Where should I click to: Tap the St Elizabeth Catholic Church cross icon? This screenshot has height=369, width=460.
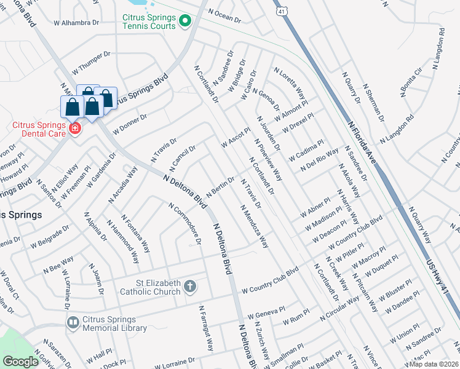coord(190,286)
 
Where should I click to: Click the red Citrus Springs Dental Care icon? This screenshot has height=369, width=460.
coord(74,128)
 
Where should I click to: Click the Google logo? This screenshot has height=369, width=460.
coord(21,362)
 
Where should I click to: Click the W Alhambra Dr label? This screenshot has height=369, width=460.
coord(79,23)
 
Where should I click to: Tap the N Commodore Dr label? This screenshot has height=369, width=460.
coord(185,224)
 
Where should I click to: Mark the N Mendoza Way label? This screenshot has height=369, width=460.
coord(255,226)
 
